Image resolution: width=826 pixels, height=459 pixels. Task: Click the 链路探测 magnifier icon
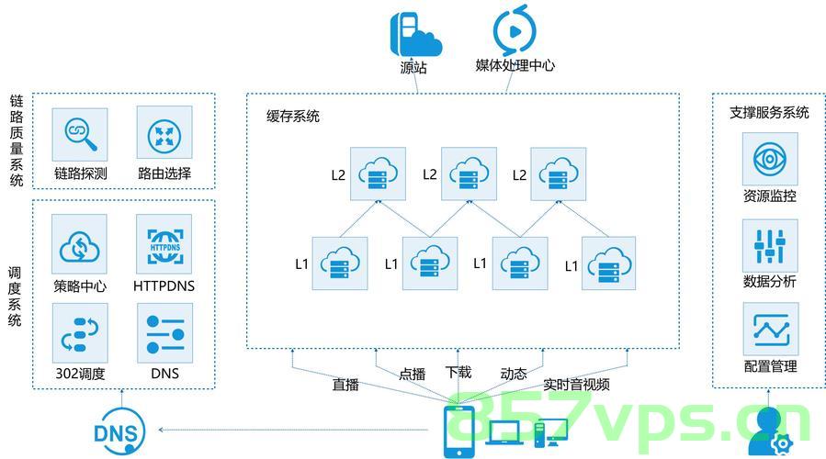pos(80,134)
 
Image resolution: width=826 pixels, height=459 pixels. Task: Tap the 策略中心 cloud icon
pos(80,244)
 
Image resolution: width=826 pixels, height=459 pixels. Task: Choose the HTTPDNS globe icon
pos(164,244)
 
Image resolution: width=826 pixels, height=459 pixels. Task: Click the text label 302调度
pos(80,374)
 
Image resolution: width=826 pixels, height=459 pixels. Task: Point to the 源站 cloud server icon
pos(415,34)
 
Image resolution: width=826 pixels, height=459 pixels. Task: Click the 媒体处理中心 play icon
pos(515,30)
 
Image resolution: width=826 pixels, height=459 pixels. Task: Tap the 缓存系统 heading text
pos(293,117)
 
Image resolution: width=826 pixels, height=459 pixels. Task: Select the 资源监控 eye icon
pos(770,159)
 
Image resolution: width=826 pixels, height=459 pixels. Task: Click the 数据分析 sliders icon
pos(770,246)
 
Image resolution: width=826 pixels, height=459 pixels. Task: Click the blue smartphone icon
pos(458,431)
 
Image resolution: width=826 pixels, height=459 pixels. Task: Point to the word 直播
pos(345,385)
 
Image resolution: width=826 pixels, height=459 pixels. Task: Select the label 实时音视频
pos(576,385)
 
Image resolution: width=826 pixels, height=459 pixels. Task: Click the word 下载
pos(458,372)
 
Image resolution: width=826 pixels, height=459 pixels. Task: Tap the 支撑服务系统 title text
pos(769,112)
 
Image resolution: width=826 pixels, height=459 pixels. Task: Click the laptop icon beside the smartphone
pos(504,433)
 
